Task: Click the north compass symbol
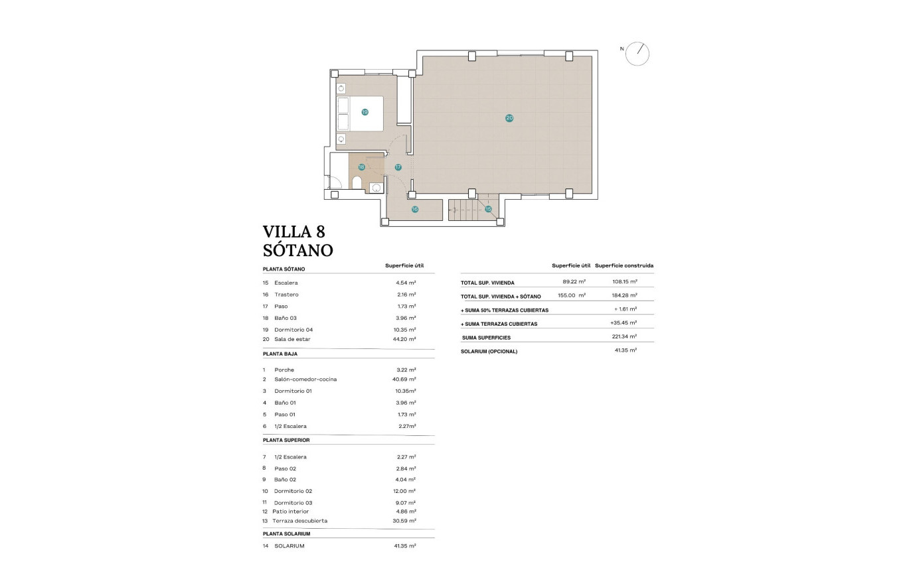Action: click(x=638, y=54)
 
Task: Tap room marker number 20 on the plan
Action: click(x=509, y=118)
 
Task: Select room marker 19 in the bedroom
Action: click(x=365, y=112)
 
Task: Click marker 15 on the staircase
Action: click(x=488, y=209)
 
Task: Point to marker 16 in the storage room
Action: click(x=415, y=209)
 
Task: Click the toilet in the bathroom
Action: click(x=357, y=183)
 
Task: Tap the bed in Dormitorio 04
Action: click(x=360, y=113)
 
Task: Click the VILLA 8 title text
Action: click(x=293, y=232)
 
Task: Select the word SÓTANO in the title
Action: click(x=297, y=250)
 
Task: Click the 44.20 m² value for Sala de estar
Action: click(x=405, y=339)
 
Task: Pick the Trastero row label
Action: click(x=286, y=294)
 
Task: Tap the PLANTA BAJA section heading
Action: click(x=280, y=354)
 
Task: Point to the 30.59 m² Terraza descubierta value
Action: click(x=404, y=521)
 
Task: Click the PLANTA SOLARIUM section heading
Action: click(x=286, y=533)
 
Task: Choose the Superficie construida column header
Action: click(x=624, y=265)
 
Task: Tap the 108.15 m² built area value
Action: click(x=625, y=282)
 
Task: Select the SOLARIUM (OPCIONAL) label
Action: click(x=489, y=351)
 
